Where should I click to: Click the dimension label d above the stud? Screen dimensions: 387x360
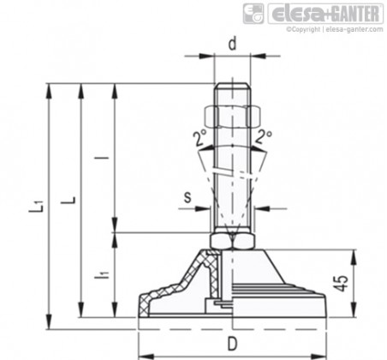[233, 44]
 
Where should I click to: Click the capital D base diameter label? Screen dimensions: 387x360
[233, 344]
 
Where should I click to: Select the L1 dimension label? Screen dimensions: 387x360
[36, 206]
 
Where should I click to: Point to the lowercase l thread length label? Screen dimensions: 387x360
[105, 158]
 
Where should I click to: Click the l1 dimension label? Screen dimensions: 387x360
[102, 275]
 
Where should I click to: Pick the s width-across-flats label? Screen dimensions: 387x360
[188, 197]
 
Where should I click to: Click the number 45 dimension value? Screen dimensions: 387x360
[342, 283]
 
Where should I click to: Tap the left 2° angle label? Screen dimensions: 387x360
[199, 137]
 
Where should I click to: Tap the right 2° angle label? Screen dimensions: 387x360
[264, 136]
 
